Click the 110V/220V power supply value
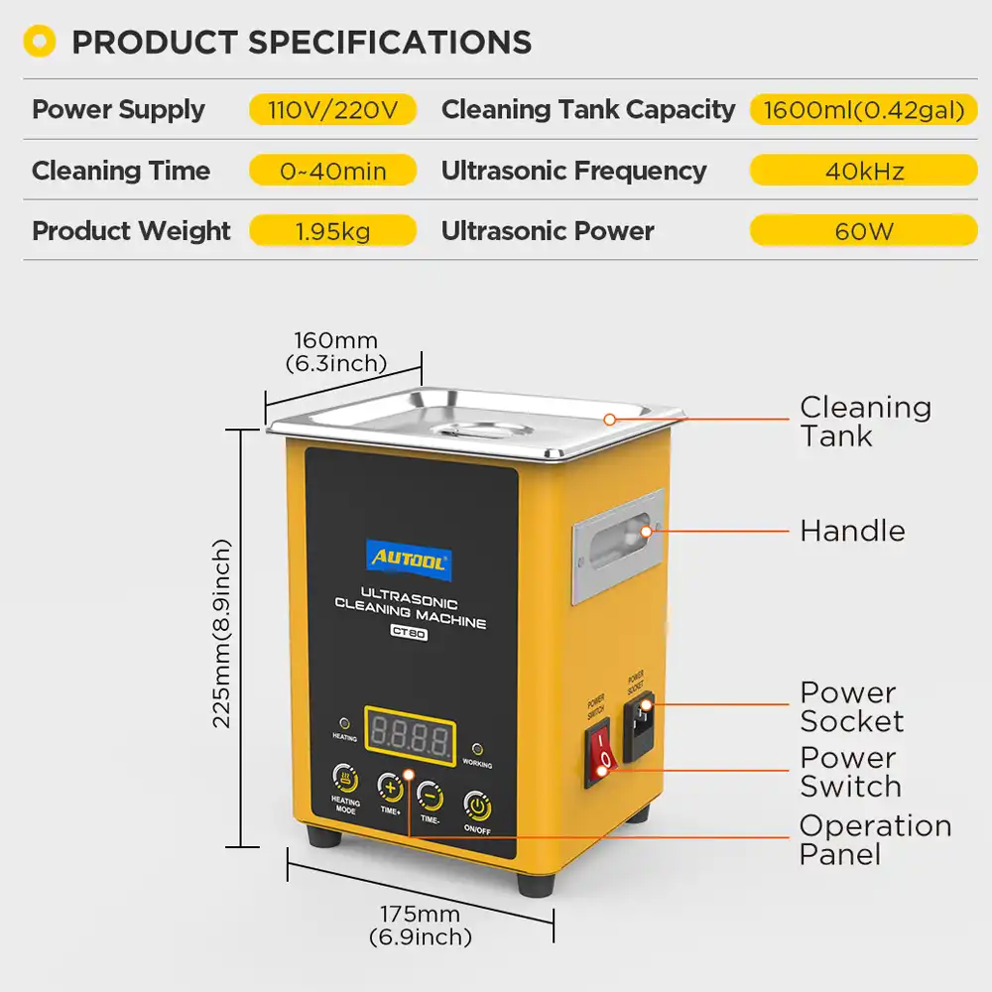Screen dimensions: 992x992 (x=332, y=109)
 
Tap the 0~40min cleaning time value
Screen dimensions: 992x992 (x=332, y=171)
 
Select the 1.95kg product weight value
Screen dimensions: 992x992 (x=332, y=231)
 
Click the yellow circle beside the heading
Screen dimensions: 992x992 (x=40, y=42)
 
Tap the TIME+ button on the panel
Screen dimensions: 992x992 (x=390, y=787)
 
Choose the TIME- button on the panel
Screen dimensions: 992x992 (x=430, y=794)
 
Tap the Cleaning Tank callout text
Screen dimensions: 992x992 (x=865, y=422)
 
